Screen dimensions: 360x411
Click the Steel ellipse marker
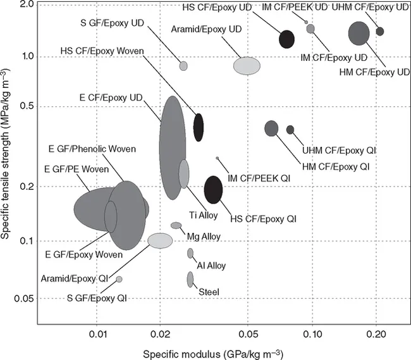pyautogui.click(x=190, y=279)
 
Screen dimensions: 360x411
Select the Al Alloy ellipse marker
pyautogui.click(x=190, y=253)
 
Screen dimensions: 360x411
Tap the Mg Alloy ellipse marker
pyautogui.click(x=176, y=225)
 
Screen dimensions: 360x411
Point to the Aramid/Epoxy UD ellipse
pyautogui.click(x=247, y=66)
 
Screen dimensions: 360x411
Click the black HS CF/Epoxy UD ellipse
pyautogui.click(x=287, y=39)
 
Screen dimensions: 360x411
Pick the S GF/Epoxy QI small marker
pyautogui.click(x=119, y=279)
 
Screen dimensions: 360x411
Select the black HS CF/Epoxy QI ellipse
pyautogui.click(x=214, y=188)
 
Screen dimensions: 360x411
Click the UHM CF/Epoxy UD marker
pyautogui.click(x=379, y=31)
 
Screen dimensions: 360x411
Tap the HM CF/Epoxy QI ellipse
pyautogui.click(x=271, y=128)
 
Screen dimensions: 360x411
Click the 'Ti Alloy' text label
pyautogui.click(x=203, y=216)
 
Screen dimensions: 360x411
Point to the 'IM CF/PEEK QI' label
pyautogui.click(x=259, y=179)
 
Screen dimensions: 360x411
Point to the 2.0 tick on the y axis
pyautogui.click(x=23, y=4)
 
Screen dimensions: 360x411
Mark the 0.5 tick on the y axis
pyautogui.click(x=23, y=105)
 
